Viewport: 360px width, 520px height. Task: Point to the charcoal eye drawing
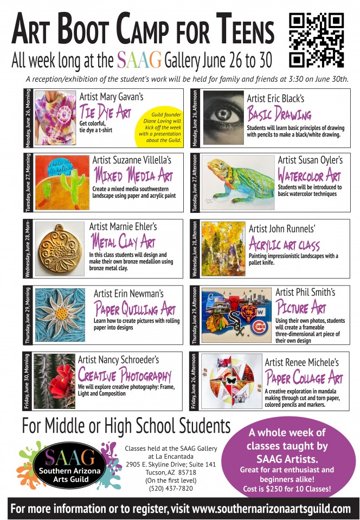click(x=223, y=118)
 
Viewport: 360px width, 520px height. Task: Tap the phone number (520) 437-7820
click(x=171, y=489)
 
